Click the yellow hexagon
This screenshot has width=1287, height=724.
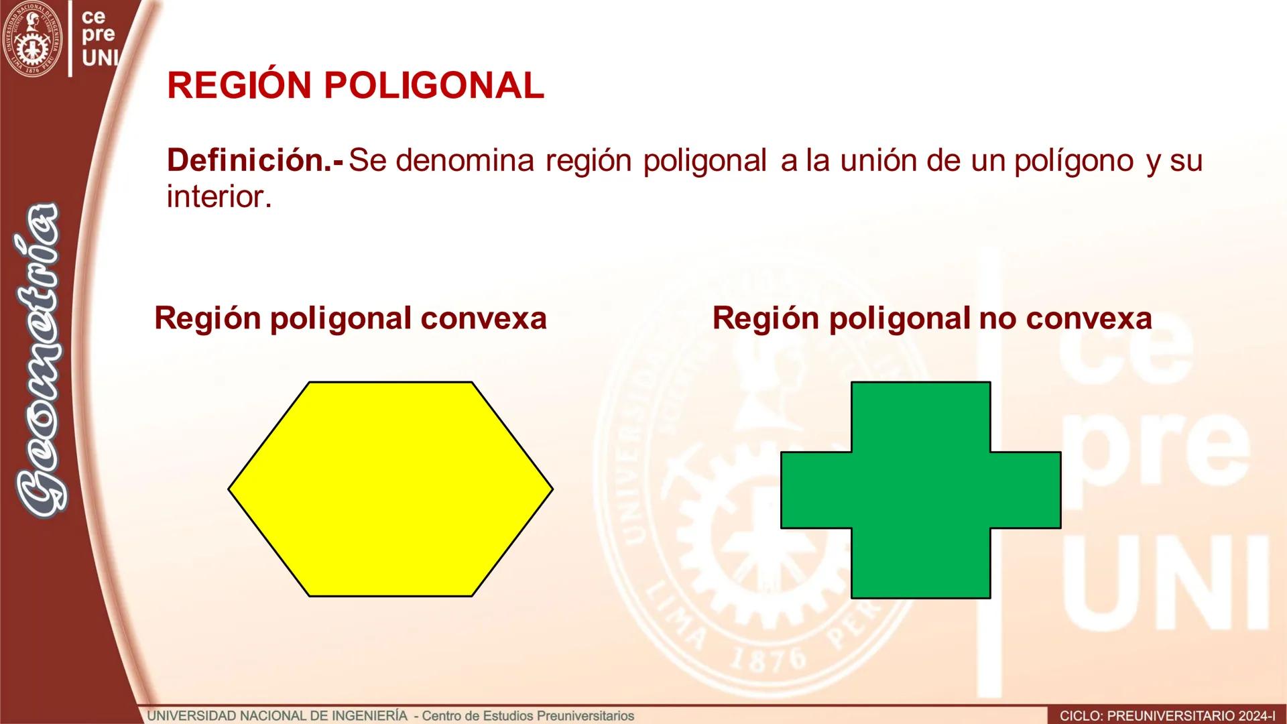point(390,489)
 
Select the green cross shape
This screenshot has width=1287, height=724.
point(920,490)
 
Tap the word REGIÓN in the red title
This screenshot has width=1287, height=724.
point(239,86)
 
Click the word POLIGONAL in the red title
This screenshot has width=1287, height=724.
point(434,86)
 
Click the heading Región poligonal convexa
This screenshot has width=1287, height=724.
point(351,318)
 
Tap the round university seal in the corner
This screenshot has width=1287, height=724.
point(32,39)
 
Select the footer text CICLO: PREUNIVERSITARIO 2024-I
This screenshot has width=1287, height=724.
point(1167,716)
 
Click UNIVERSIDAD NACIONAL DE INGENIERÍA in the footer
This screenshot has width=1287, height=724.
point(277,716)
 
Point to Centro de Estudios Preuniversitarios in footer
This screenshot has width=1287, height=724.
point(528,716)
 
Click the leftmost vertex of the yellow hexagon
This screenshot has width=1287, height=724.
point(229,489)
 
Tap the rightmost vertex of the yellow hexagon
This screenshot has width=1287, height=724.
point(552,489)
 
